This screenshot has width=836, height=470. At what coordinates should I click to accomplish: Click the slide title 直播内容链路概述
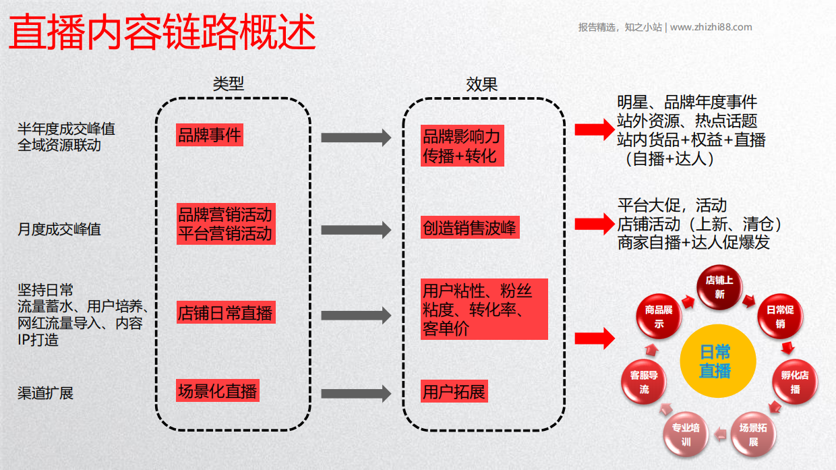tap(162, 32)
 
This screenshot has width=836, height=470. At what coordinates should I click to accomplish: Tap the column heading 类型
tap(228, 84)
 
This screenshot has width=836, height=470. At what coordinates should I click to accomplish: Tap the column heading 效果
tap(482, 84)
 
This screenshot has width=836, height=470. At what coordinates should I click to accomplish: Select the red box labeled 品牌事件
tap(209, 135)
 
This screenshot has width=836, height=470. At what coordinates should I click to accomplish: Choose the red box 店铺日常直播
tap(225, 314)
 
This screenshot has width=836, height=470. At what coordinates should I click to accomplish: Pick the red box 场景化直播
tap(217, 391)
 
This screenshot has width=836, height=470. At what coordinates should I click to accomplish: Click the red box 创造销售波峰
tap(469, 228)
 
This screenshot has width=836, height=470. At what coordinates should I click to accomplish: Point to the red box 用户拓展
tap(454, 392)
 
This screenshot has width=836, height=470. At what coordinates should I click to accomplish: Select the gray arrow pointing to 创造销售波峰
tap(355, 229)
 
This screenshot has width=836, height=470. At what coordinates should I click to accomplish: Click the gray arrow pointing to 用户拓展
tap(355, 393)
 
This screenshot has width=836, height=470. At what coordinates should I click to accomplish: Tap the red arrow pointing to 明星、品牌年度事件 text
tap(593, 129)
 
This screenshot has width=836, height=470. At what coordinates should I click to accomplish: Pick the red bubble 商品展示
tap(659, 316)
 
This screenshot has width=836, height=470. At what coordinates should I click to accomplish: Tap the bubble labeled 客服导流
tap(644, 382)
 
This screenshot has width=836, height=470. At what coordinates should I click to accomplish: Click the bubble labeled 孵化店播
tap(794, 382)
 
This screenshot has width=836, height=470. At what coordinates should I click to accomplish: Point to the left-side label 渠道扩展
tap(45, 393)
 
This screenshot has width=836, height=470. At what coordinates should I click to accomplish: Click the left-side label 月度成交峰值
tap(59, 229)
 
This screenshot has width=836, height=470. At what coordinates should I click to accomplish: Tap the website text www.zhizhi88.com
tap(711, 28)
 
